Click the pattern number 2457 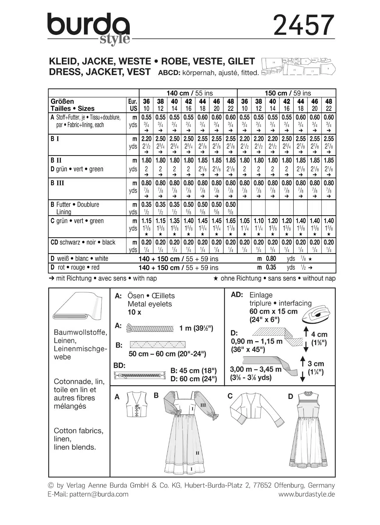coord(304,25)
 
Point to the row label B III coord(57,183)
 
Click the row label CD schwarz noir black coord(83,242)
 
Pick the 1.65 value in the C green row coord(230,221)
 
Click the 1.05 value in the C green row coord(244,221)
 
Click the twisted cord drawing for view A coord(150,328)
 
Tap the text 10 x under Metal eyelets coord(134,312)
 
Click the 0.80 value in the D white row coord(271,259)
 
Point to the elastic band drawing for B coord(157,345)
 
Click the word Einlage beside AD coord(261,295)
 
